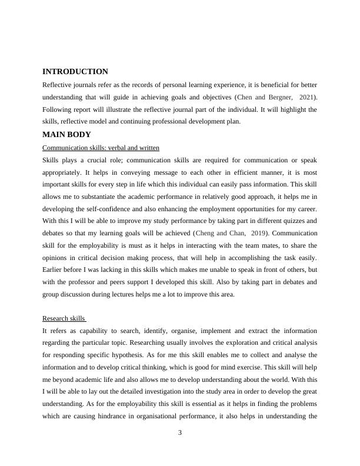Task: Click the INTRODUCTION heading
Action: click(75, 71)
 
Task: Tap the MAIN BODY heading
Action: click(66, 135)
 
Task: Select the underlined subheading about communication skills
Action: click(101, 147)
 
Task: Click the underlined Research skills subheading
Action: click(64, 318)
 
